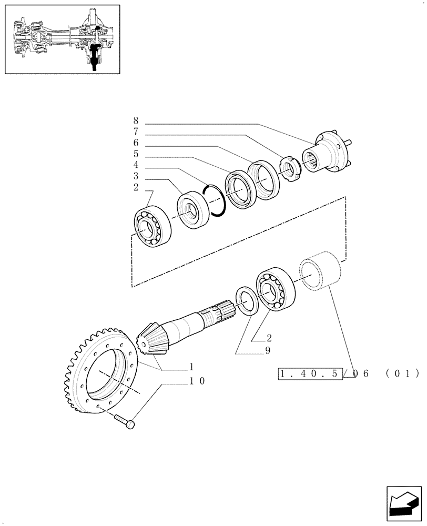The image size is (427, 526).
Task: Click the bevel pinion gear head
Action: point(150,339)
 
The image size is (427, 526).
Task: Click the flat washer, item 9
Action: point(247,300)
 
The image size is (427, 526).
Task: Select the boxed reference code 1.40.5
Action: point(310,374)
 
